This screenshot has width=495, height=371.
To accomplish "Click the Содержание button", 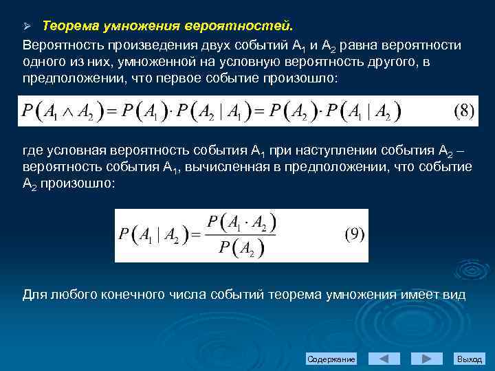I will [331, 359].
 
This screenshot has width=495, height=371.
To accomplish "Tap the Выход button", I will [470, 359].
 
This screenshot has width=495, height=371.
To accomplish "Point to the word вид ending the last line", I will [454, 294].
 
